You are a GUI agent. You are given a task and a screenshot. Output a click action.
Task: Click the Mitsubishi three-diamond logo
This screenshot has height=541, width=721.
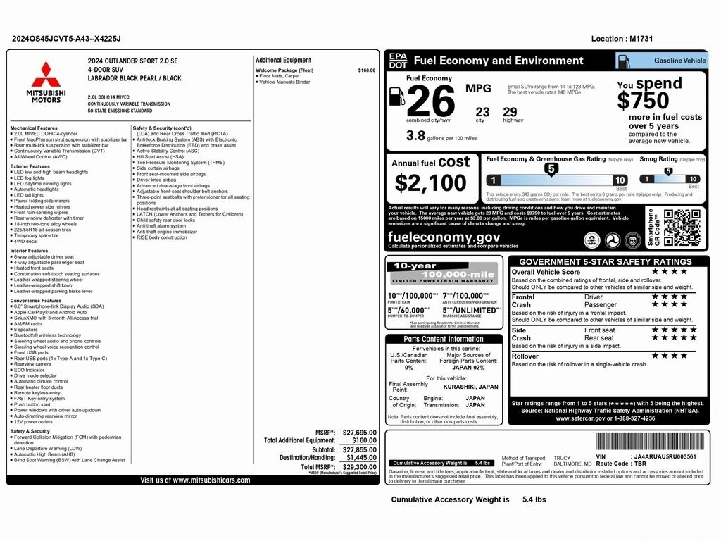[45, 75]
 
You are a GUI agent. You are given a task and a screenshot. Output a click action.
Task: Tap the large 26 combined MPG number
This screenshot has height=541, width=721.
[431, 102]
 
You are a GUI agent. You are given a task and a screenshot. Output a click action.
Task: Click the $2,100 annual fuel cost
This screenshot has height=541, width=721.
[430, 183]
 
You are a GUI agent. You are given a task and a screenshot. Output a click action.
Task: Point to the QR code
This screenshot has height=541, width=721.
[682, 228]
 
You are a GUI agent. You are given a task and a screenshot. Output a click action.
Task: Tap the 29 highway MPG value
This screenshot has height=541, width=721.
[510, 111]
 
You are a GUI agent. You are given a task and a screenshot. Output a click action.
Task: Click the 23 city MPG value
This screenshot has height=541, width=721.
[482, 111]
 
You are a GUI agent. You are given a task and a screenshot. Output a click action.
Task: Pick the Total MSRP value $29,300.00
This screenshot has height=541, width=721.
[359, 467]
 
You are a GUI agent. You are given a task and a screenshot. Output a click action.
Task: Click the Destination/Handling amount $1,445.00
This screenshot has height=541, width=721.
[359, 457]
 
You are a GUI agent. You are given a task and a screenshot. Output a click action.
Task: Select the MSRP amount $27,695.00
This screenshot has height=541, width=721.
[359, 433]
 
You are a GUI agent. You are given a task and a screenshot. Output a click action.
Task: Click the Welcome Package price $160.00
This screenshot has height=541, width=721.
[367, 70]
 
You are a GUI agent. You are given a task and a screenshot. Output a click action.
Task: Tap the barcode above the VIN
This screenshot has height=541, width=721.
[650, 442]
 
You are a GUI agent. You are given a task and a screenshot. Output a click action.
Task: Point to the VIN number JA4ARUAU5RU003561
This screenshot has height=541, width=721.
[665, 456]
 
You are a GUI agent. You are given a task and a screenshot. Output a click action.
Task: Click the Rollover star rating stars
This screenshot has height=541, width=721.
[669, 356]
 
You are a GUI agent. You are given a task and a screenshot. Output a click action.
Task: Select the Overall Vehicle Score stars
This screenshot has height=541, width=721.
[669, 271]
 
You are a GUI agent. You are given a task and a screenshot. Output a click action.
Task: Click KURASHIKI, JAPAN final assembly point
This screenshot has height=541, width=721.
[470, 387]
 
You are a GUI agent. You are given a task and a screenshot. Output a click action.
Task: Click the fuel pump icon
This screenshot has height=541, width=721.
[396, 95]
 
